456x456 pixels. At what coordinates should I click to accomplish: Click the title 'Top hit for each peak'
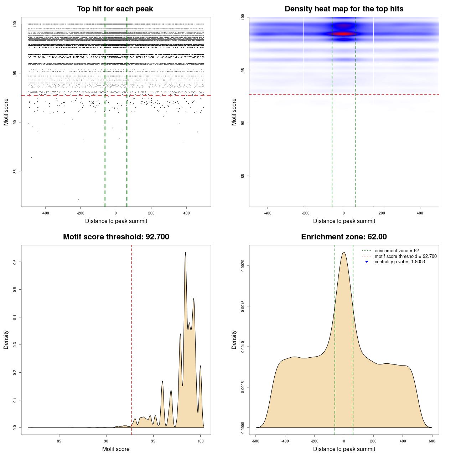(x=115, y=9)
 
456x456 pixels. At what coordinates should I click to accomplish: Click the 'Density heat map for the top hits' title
(x=344, y=9)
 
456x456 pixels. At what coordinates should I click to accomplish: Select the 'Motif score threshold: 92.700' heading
(x=116, y=237)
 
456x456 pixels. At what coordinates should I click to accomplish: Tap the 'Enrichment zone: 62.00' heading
(x=344, y=237)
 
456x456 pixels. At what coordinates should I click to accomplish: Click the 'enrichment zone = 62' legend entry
(x=397, y=251)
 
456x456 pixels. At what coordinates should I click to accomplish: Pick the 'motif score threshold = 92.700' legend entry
(x=405, y=256)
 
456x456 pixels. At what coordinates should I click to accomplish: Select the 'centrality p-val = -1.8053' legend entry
(x=400, y=262)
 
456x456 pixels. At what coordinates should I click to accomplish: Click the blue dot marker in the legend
(x=367, y=262)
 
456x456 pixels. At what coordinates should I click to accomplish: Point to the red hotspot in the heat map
(x=343, y=34)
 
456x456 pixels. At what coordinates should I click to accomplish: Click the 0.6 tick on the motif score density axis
(x=15, y=262)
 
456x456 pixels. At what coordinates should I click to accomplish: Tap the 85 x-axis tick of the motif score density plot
(x=59, y=441)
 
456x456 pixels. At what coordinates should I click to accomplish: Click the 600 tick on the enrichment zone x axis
(x=432, y=441)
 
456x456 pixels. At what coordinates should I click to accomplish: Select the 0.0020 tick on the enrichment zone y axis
(x=243, y=266)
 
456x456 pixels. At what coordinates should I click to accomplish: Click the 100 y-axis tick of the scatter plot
(x=15, y=24)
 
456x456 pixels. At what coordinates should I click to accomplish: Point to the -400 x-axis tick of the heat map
(x=268, y=213)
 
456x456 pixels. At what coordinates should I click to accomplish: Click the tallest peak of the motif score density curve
(x=185, y=252)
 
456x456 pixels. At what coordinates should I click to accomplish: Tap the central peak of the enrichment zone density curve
(x=344, y=252)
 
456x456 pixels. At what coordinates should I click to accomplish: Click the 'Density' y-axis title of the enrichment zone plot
(x=234, y=340)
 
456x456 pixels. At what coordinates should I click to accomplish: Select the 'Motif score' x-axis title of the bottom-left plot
(x=116, y=449)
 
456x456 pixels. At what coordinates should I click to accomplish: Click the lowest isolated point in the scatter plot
(x=78, y=199)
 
